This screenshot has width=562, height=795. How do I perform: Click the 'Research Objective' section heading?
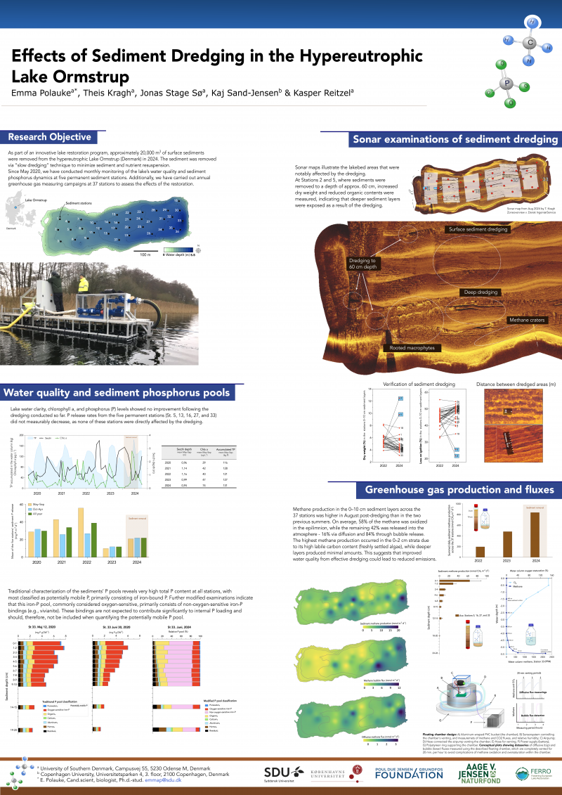pos(49,137)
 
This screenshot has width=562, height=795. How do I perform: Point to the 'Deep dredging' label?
pos(481,291)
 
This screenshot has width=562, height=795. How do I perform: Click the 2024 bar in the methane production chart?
pos(535,534)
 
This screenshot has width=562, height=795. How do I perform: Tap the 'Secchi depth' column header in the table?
pos(181,449)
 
